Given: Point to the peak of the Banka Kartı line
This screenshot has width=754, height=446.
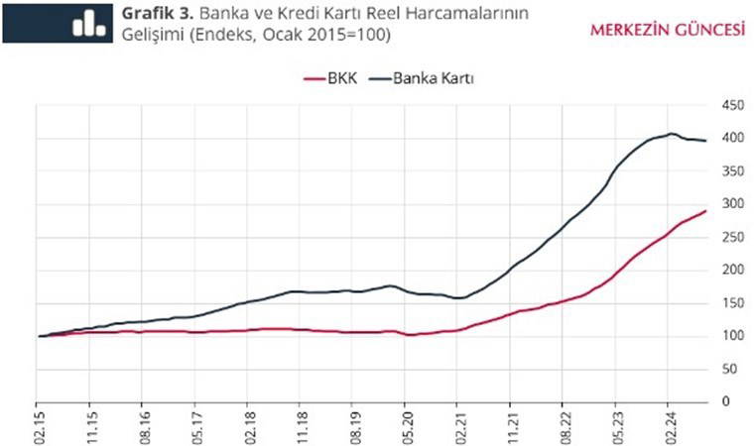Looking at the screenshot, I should [x=671, y=134].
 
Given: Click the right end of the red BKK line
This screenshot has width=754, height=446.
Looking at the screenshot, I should [x=705, y=211].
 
